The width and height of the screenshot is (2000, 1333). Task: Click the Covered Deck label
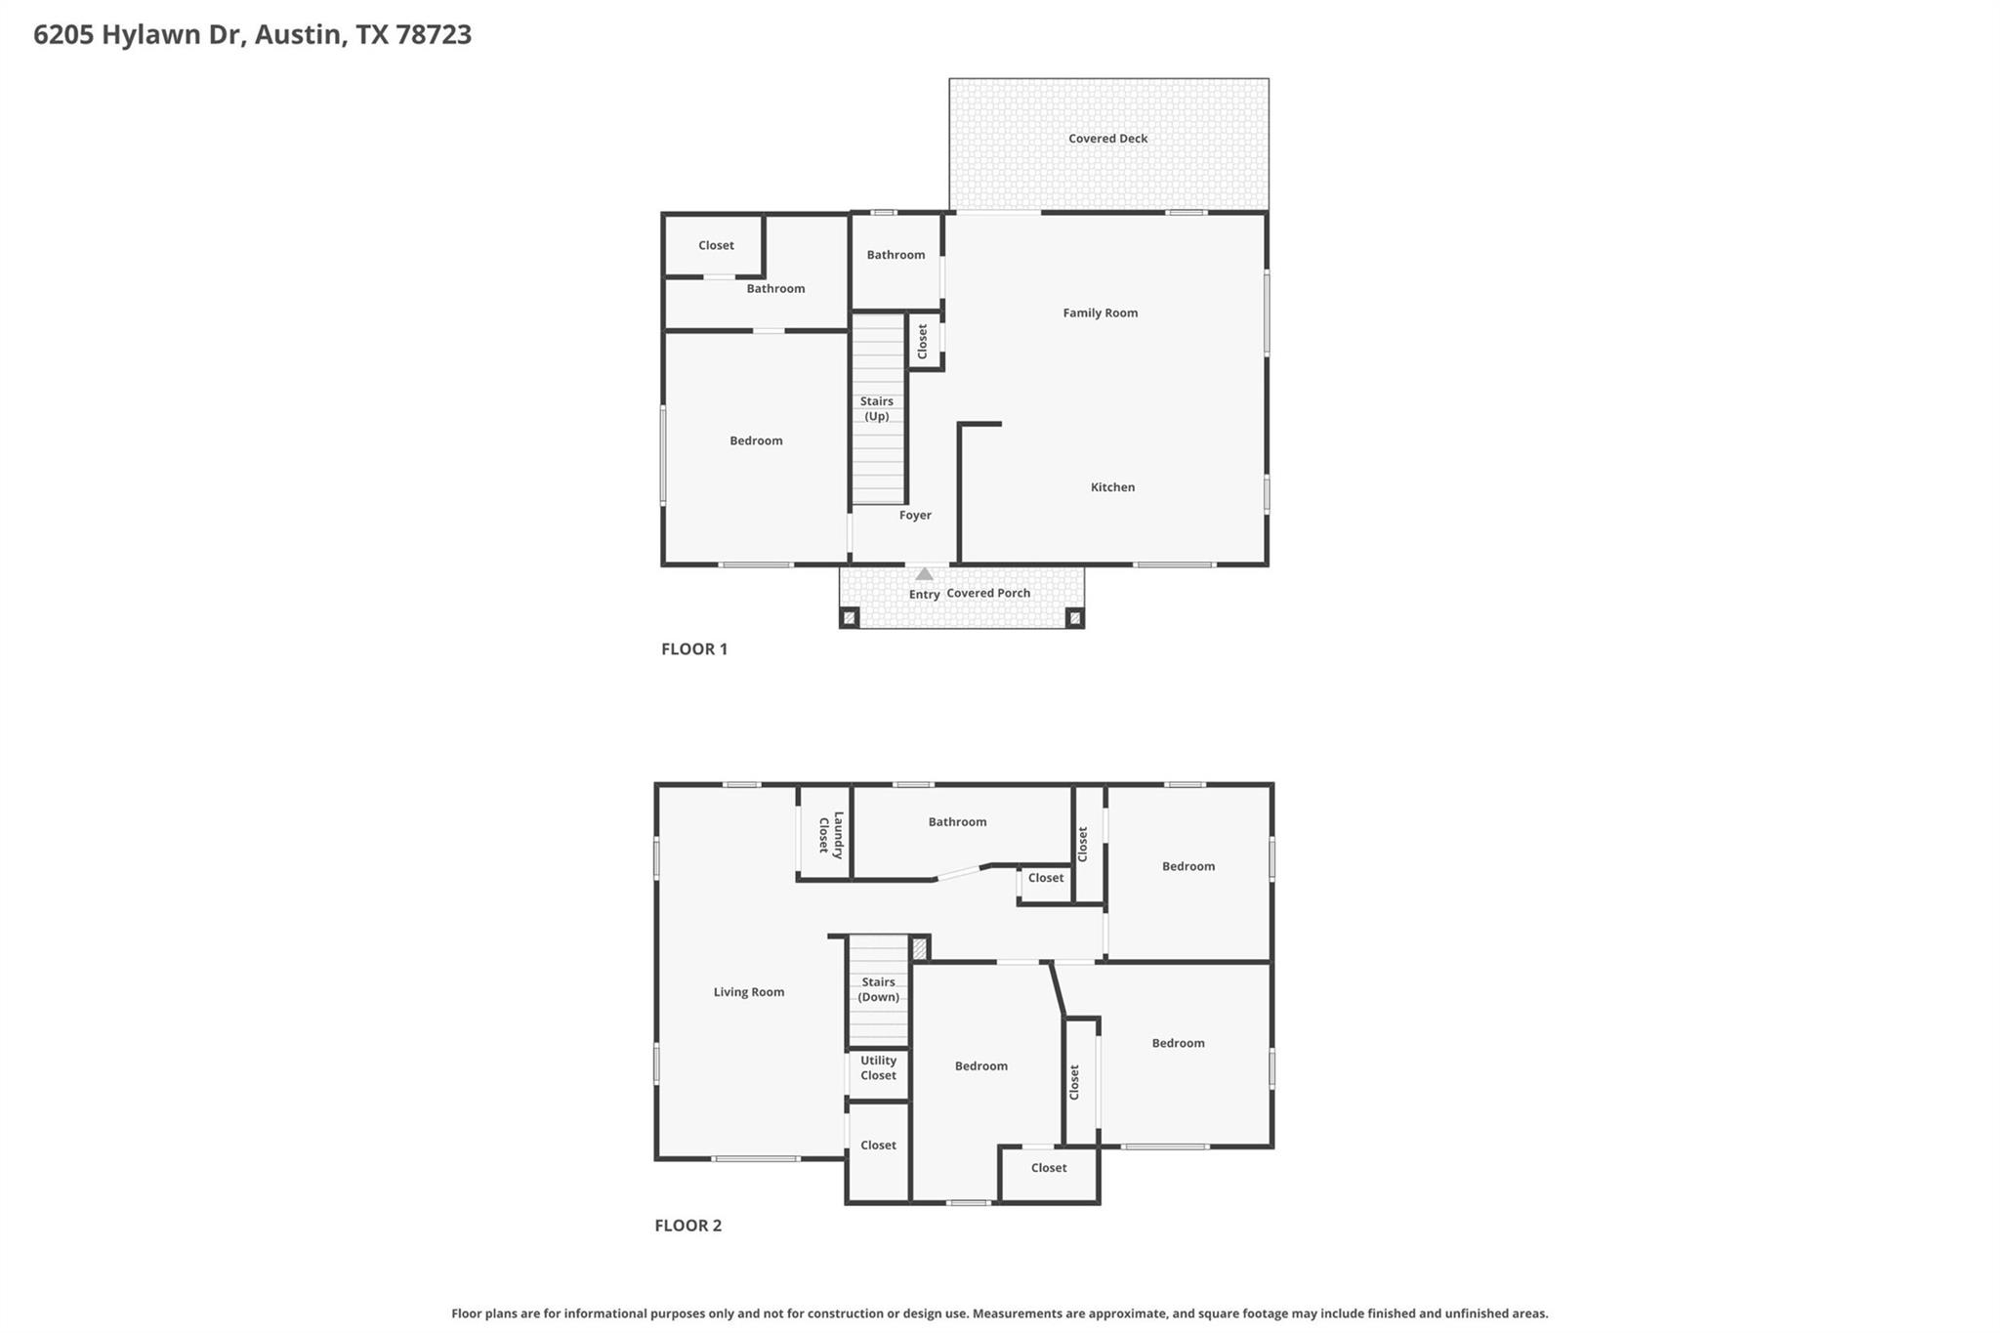pos(1107,139)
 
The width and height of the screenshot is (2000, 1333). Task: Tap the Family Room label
pos(1100,312)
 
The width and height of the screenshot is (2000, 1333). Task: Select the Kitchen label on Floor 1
pos(1112,487)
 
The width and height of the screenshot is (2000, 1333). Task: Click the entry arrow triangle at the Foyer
pos(924,574)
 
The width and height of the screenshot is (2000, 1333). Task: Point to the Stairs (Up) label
pos(877,409)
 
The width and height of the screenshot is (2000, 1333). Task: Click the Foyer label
pos(915,516)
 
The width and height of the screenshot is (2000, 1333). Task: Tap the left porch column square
pos(850,617)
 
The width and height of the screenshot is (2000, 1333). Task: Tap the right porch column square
pos(1074,617)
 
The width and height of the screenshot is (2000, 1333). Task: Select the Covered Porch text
pos(988,593)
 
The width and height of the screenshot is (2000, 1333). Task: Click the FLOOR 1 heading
pos(694,648)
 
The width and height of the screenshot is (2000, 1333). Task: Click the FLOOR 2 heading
pos(687,1226)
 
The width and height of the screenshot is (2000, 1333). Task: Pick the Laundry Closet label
pos(830,835)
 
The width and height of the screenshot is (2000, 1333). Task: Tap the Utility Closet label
pos(878,1068)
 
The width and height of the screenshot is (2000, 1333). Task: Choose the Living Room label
pos(748,992)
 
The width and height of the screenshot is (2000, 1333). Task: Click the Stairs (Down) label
pos(878,989)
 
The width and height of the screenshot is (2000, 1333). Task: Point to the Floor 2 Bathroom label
pos(957,822)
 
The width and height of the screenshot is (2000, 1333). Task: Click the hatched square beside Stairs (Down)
pos(919,947)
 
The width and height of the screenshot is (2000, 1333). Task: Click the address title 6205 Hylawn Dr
pos(252,34)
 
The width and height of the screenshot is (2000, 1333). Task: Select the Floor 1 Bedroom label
pos(756,440)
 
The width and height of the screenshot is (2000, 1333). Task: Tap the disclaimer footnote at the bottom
pos(999,1313)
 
